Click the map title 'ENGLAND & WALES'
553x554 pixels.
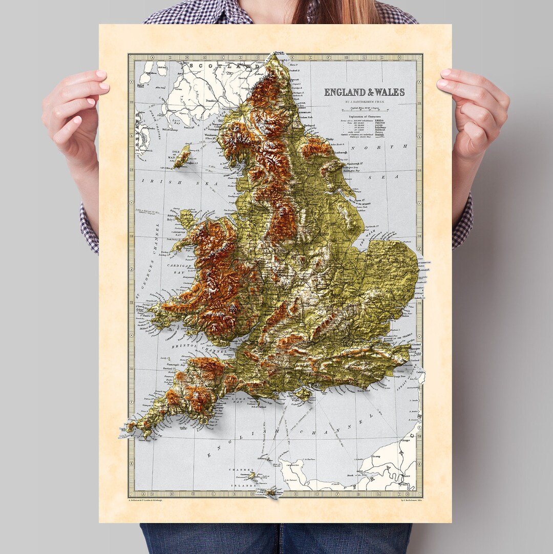pos(364,92)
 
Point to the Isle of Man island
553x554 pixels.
pos(181,156)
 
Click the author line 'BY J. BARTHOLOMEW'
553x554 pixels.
pos(364,102)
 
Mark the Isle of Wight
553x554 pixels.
pos(304,393)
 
